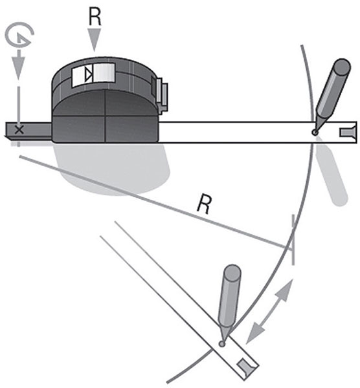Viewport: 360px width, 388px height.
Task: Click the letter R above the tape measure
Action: (95, 17)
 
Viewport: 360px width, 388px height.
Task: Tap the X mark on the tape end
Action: (19, 129)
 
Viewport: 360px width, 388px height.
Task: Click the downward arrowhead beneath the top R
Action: (95, 39)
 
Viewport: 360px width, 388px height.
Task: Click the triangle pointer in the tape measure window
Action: (89, 75)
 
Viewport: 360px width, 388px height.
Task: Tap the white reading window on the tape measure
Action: (94, 74)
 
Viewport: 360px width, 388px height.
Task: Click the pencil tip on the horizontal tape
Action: (315, 133)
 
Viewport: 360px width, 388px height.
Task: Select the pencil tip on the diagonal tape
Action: (221, 343)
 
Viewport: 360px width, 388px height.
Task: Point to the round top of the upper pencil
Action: (342, 67)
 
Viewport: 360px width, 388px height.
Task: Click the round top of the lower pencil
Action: (232, 273)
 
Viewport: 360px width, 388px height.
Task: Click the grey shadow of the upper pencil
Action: (332, 173)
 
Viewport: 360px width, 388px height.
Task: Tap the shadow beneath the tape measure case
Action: (114, 168)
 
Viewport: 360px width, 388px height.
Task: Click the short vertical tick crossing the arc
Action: (293, 239)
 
